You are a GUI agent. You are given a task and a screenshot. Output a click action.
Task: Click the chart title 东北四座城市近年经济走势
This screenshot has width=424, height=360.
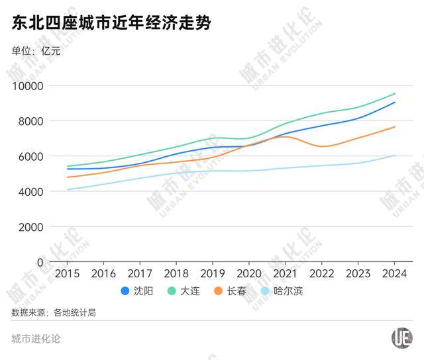pos(111,24)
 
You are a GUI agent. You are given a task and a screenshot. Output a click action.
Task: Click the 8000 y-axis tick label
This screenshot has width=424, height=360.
pos(30,121)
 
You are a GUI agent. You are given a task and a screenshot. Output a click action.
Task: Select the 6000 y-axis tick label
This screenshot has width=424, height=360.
pos(30,156)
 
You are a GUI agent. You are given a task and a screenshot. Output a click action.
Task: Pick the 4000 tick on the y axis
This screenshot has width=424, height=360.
pos(30,192)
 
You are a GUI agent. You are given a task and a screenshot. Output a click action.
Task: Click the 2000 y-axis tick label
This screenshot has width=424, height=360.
pos(30,227)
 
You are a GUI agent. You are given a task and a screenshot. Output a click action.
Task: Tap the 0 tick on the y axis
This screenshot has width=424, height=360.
pos(40,262)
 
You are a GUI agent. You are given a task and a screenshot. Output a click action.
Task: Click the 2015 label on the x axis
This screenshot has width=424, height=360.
pos(67,273)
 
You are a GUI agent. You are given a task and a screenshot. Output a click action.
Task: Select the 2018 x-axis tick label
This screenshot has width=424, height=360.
pos(176,273)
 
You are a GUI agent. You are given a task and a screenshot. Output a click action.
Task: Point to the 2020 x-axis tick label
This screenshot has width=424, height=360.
pos(248,273)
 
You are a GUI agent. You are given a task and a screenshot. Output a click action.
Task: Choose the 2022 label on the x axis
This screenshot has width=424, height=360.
pos(321,273)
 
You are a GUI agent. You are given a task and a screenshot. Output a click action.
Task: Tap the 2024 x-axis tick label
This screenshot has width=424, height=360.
pos(394,273)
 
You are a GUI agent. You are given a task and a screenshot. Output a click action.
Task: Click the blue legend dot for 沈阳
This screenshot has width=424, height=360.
pos(125,291)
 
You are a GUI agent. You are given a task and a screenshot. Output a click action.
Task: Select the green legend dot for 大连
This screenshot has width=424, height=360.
pos(171,291)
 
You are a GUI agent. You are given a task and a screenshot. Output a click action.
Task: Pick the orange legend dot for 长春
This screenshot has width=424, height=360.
pos(218,291)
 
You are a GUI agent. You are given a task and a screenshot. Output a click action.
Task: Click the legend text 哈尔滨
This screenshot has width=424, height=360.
pos(288,291)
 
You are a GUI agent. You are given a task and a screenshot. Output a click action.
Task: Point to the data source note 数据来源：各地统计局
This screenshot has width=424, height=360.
pos(54,312)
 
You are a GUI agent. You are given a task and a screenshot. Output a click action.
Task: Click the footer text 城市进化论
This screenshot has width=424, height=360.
pos(36,339)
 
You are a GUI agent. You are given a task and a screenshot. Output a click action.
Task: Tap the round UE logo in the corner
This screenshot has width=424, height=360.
pos(401,338)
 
